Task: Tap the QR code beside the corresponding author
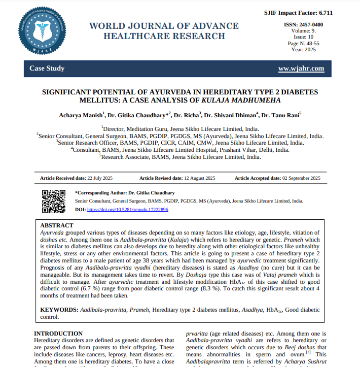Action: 53,201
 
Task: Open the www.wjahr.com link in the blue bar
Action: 301,69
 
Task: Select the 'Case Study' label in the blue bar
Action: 47,69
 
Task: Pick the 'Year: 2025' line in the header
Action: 303,49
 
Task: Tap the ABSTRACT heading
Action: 56,225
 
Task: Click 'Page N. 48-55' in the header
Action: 303,43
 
